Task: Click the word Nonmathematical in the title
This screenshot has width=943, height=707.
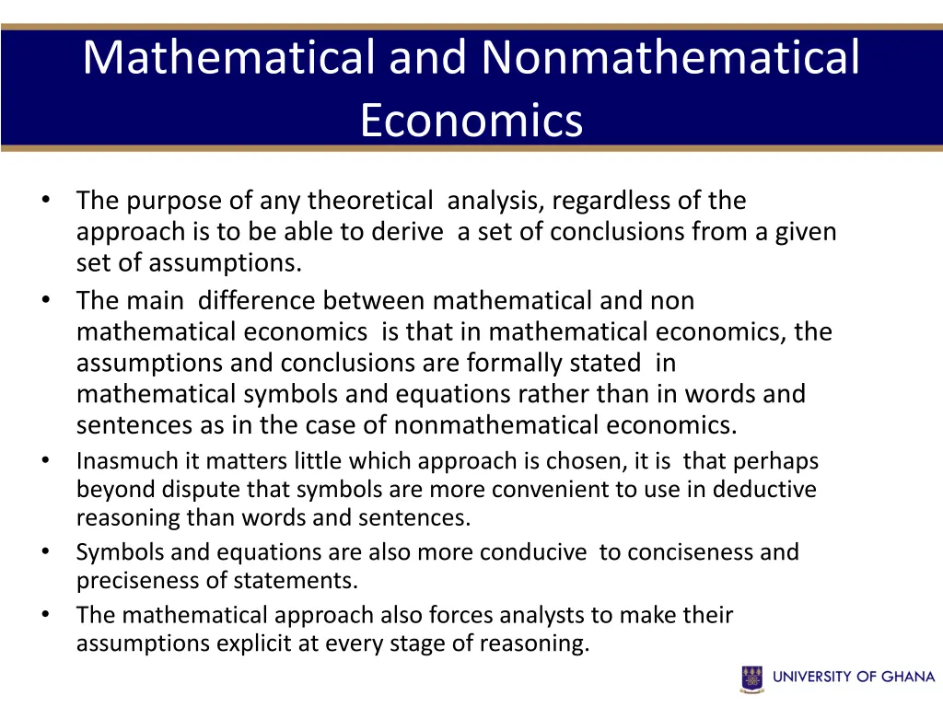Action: pos(669,57)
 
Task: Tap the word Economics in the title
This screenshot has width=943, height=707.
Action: pos(471,120)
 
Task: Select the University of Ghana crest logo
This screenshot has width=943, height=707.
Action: pos(751,678)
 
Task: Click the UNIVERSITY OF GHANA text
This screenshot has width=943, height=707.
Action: pos(854,677)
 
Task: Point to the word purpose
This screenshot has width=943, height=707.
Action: pos(169,201)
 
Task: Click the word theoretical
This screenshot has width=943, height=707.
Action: pos(369,201)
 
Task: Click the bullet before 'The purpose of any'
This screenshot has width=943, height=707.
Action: pos(44,201)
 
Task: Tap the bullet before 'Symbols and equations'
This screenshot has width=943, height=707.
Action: pos(44,552)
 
